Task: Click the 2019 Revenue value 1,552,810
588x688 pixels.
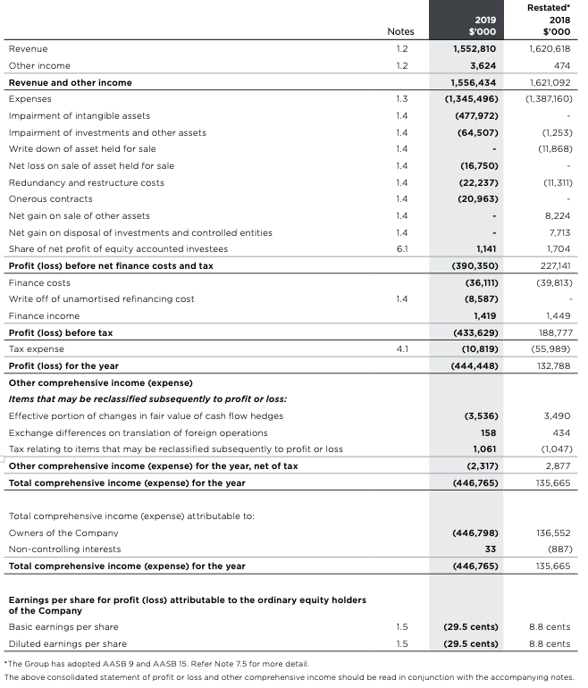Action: coord(475,48)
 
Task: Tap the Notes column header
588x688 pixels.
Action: coord(401,31)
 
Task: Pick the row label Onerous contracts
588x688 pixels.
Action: coord(50,198)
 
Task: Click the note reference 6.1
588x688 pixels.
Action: coord(401,248)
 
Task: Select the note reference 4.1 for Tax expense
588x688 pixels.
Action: coord(401,348)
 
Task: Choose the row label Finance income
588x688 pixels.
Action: coord(44,315)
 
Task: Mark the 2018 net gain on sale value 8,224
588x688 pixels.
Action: coord(557,215)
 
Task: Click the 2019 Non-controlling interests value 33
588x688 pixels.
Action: coord(490,549)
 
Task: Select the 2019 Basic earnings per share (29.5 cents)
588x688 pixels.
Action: coord(471,626)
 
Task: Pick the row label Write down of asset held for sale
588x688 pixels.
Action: coord(82,148)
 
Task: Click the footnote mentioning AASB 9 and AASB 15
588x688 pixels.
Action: coord(156,665)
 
